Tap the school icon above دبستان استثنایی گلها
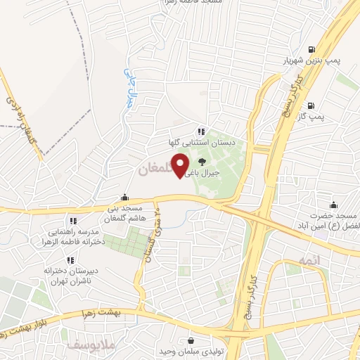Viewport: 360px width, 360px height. pyautogui.click(x=201, y=131)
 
